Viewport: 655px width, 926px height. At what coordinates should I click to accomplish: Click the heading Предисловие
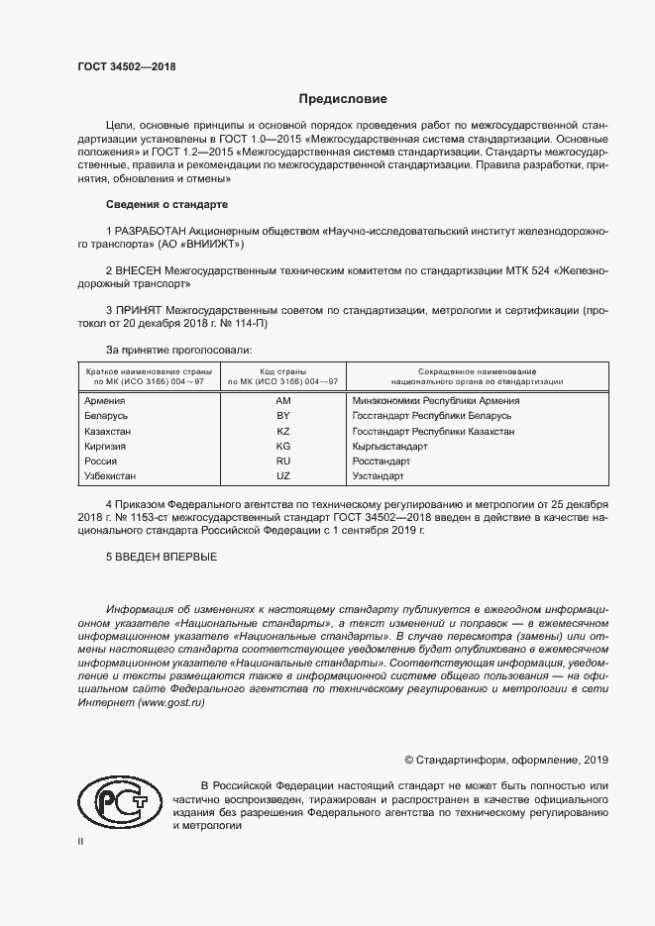343,99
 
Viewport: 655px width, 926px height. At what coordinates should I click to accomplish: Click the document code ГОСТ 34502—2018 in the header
126,65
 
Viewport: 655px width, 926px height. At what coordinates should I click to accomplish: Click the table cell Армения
105,400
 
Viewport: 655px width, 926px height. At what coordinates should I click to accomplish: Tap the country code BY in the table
282,416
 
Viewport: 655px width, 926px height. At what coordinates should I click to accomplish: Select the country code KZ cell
282,432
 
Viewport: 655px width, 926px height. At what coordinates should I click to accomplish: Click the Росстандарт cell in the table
382,462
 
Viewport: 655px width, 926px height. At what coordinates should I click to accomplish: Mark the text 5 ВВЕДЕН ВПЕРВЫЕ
161,557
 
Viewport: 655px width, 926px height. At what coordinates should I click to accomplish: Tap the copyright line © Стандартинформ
506,761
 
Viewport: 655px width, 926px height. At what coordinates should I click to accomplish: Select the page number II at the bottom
81,841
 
